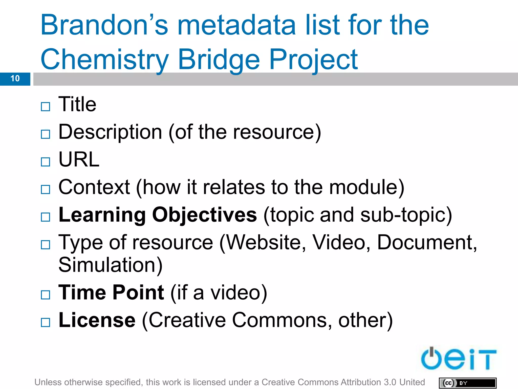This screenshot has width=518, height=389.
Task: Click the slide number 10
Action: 15,79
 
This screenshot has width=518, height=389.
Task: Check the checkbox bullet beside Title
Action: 46,107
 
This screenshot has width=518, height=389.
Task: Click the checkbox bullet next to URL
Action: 46,162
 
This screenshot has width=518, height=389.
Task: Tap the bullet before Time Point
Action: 46,295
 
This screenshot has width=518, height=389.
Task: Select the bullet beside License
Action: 46,322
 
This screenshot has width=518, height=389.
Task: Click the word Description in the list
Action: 110,132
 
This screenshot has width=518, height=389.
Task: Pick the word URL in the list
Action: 79,160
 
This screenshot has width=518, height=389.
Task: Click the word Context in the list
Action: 94,187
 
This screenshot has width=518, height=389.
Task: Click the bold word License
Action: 97,320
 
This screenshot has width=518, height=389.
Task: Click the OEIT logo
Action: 458,359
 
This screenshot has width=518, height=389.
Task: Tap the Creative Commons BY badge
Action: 467,383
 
